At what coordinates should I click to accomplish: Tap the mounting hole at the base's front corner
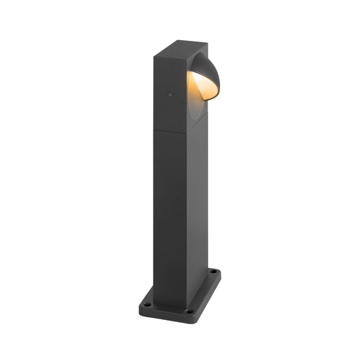(188, 310)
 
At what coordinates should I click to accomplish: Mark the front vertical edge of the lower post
(187, 211)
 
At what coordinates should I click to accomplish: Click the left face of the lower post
(169, 211)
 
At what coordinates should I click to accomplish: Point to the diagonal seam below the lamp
(198, 124)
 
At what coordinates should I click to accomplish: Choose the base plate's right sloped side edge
(209, 292)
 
